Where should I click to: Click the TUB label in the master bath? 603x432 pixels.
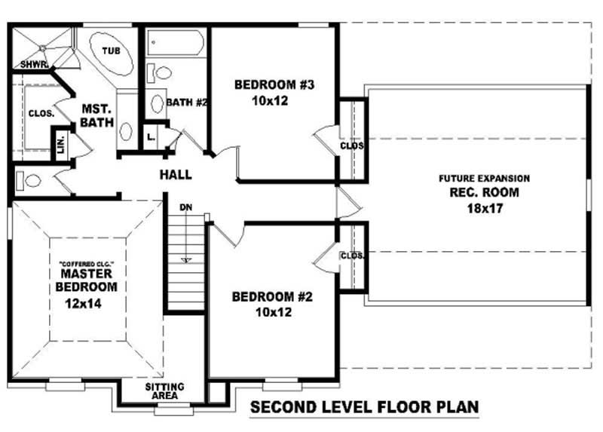tap(112, 51)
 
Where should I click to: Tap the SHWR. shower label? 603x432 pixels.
tap(34, 65)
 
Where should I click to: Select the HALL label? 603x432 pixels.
tap(176, 175)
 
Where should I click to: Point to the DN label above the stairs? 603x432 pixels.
tap(186, 207)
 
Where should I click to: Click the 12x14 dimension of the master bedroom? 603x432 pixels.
tap(83, 304)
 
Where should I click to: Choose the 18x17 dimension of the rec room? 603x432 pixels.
tap(485, 208)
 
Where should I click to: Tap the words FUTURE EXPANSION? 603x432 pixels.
tap(484, 179)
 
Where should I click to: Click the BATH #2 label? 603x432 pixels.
tap(187, 103)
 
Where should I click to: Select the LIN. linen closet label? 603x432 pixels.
tap(61, 145)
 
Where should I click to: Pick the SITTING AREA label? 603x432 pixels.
tap(164, 391)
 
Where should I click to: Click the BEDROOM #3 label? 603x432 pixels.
tap(274, 84)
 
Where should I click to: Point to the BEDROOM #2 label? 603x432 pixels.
tap(272, 296)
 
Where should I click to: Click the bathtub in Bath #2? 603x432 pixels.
tap(176, 44)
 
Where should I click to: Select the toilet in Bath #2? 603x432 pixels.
tap(159, 72)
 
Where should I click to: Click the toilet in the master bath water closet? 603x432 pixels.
tap(28, 180)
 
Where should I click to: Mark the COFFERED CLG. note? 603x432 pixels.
tap(87, 265)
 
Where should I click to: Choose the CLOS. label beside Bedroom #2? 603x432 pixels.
tap(352, 256)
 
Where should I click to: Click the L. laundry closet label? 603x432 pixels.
tap(152, 136)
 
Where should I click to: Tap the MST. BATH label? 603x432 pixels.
tap(97, 115)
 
